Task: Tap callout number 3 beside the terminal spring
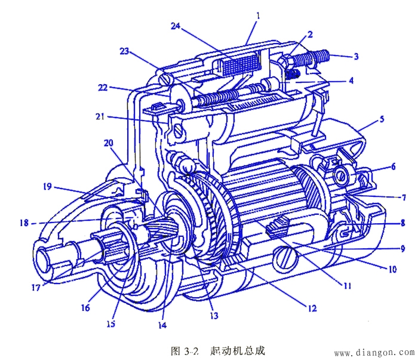tap(356, 57)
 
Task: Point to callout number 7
tap(404, 197)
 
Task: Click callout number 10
tap(392, 270)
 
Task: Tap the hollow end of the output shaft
tap(47, 259)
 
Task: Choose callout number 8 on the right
tap(403, 223)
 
